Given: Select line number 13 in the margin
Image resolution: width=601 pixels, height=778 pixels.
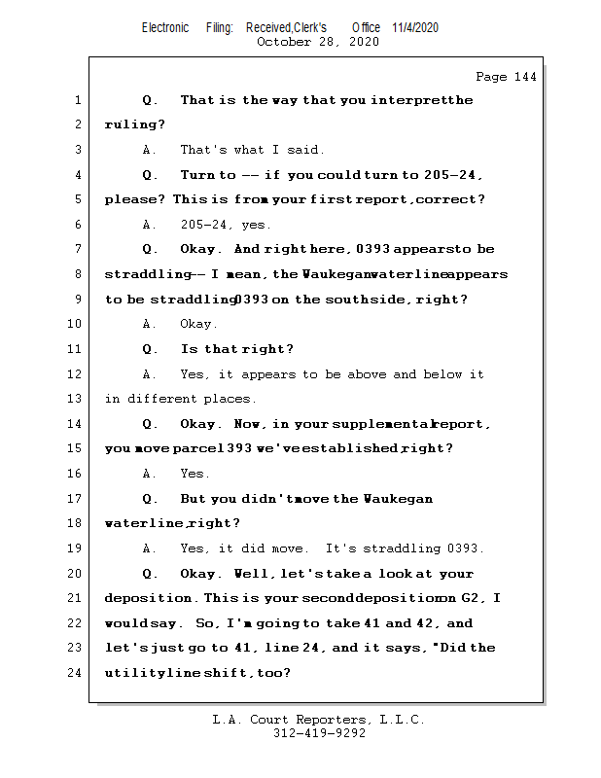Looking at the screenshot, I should (x=78, y=399).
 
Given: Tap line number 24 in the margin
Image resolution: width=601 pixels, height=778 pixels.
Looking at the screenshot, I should (x=78, y=673).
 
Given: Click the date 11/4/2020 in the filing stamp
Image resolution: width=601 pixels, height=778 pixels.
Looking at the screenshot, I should (x=415, y=28).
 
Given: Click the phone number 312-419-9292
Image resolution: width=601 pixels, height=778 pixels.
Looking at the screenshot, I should (x=319, y=734).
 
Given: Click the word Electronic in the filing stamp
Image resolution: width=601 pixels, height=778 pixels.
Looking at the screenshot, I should (x=165, y=28).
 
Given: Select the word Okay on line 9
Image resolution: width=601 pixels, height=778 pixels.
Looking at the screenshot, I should (x=197, y=324).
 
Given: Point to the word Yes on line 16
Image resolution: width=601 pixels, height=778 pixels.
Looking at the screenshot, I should (x=194, y=474).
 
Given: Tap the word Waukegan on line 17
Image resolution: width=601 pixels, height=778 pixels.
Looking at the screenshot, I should (x=398, y=499).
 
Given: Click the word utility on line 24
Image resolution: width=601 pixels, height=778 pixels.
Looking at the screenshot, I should (x=132, y=673).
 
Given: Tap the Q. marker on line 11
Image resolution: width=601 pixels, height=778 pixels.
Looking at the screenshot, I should (x=150, y=349).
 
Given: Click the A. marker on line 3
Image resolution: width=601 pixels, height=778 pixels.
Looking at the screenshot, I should (x=150, y=150).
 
